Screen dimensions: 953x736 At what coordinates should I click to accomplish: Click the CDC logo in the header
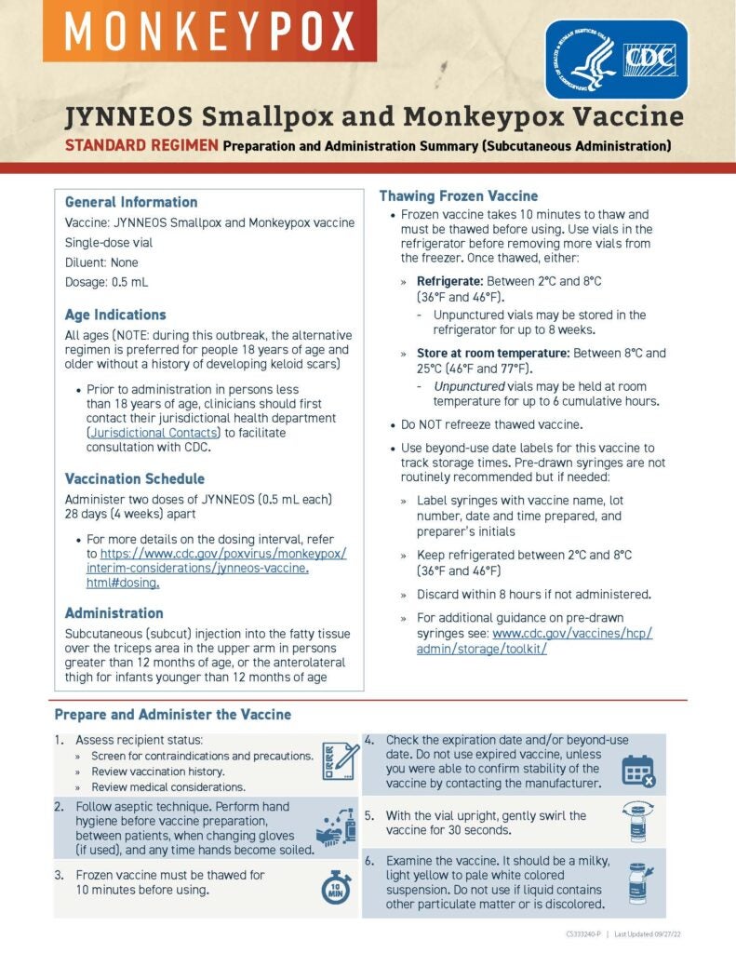coord(615,59)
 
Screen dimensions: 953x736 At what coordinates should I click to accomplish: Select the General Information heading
coord(131,202)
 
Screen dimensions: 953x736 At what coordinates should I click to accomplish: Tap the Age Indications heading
coord(115,315)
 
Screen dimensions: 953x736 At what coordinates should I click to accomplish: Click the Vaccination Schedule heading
coord(135,478)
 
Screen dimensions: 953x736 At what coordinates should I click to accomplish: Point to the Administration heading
coord(114,613)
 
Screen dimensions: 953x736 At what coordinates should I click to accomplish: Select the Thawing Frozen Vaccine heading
coord(458,195)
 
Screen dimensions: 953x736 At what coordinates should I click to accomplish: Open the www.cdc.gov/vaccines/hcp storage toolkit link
coord(534,640)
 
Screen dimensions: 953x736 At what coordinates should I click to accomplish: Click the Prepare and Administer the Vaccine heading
coord(172,715)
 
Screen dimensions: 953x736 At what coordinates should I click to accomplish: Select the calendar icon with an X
coord(638,771)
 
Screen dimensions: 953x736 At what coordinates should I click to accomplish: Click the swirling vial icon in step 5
coord(638,821)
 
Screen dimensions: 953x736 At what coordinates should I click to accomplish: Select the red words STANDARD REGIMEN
coord(141,145)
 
